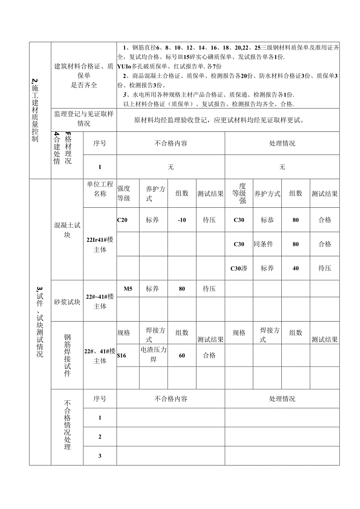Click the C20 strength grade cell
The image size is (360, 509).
pyautogui.click(x=122, y=220)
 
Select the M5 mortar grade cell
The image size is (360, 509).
pyautogui.click(x=128, y=289)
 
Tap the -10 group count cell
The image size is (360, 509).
pyautogui.click(x=182, y=220)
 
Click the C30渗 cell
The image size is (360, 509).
pyautogui.click(x=239, y=268)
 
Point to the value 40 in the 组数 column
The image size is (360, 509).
pyautogui.click(x=295, y=268)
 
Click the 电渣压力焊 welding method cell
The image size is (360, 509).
pyautogui.click(x=153, y=354)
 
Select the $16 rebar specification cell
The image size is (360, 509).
pyautogui.click(x=122, y=356)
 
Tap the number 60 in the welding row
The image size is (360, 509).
pyautogui.click(x=182, y=356)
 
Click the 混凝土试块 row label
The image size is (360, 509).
pyautogui.click(x=67, y=230)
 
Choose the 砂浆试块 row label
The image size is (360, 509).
pyautogui.click(x=67, y=302)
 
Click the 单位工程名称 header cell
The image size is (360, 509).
pyautogui.click(x=100, y=189)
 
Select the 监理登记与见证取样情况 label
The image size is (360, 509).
pyautogui.click(x=84, y=119)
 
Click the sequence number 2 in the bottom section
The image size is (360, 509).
pyautogui.click(x=100, y=437)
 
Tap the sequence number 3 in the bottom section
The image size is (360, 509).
pyautogui.click(x=100, y=456)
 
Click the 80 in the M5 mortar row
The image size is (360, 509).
pyautogui.click(x=182, y=289)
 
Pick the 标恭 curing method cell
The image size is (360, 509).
pyautogui.click(x=267, y=220)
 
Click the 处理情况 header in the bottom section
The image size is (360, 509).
pyautogui.click(x=282, y=399)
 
